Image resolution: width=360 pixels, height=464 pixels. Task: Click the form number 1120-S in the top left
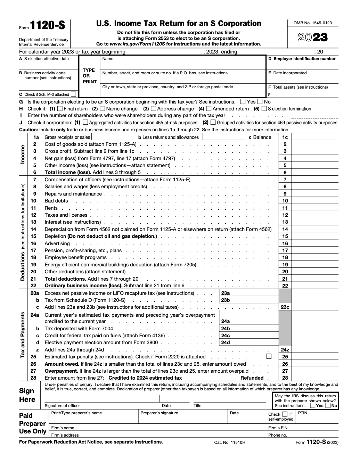coord(47,26)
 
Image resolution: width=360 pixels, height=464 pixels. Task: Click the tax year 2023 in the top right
coord(313,38)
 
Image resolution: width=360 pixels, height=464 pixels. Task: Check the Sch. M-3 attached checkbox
coord(73,94)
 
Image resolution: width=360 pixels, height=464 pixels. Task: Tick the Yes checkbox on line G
coord(243,102)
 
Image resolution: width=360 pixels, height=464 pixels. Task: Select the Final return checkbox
coord(60,109)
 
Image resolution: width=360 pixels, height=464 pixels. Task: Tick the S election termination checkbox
coord(264,109)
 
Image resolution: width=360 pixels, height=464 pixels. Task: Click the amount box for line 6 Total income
coord(315,173)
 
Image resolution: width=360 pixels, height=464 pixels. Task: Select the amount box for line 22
coord(315,286)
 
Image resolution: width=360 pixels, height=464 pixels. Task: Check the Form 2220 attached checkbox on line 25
coord(269,356)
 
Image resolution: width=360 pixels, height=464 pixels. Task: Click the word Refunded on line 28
coord(252,378)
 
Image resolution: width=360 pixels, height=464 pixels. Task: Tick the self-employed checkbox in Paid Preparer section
coord(285,414)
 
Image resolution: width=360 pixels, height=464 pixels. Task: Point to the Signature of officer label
coord(62,406)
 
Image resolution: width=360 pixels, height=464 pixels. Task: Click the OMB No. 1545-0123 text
coord(313,23)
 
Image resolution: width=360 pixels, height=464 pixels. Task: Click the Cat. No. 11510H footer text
coord(230,442)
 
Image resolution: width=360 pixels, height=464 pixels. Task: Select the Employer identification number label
coord(302,59)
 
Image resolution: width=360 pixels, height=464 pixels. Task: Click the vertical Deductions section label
coord(23,266)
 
